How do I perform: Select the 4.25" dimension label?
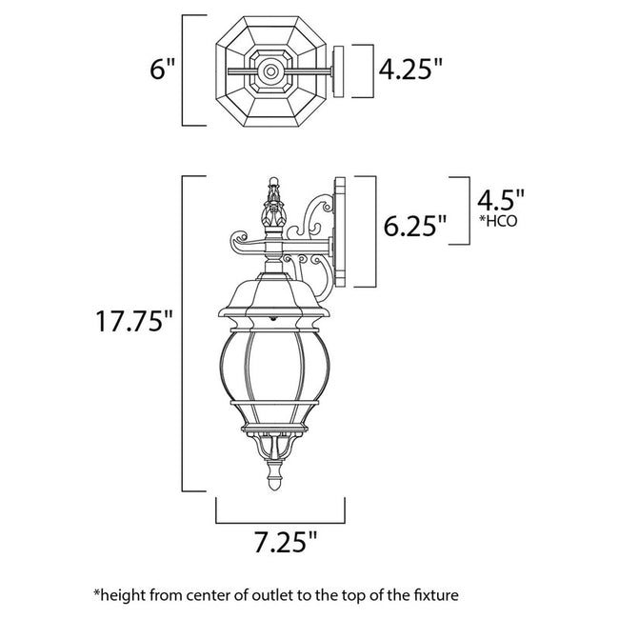[410, 70]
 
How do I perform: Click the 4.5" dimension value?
[500, 201]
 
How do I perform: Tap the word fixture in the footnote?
[433, 595]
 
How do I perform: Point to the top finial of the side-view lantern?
[273, 190]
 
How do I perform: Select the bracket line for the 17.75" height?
[184, 333]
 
